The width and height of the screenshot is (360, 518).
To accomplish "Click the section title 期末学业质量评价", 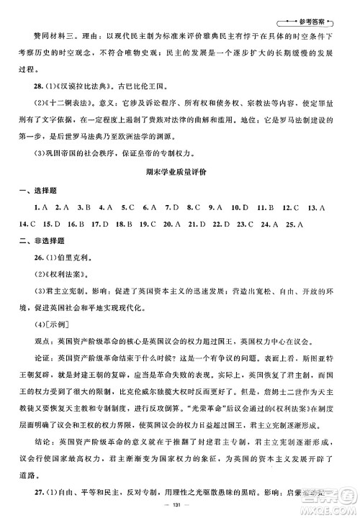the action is click(x=180, y=192).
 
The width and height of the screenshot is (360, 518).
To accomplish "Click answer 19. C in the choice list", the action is click(x=148, y=242).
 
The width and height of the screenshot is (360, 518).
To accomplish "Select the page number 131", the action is click(x=180, y=506).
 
